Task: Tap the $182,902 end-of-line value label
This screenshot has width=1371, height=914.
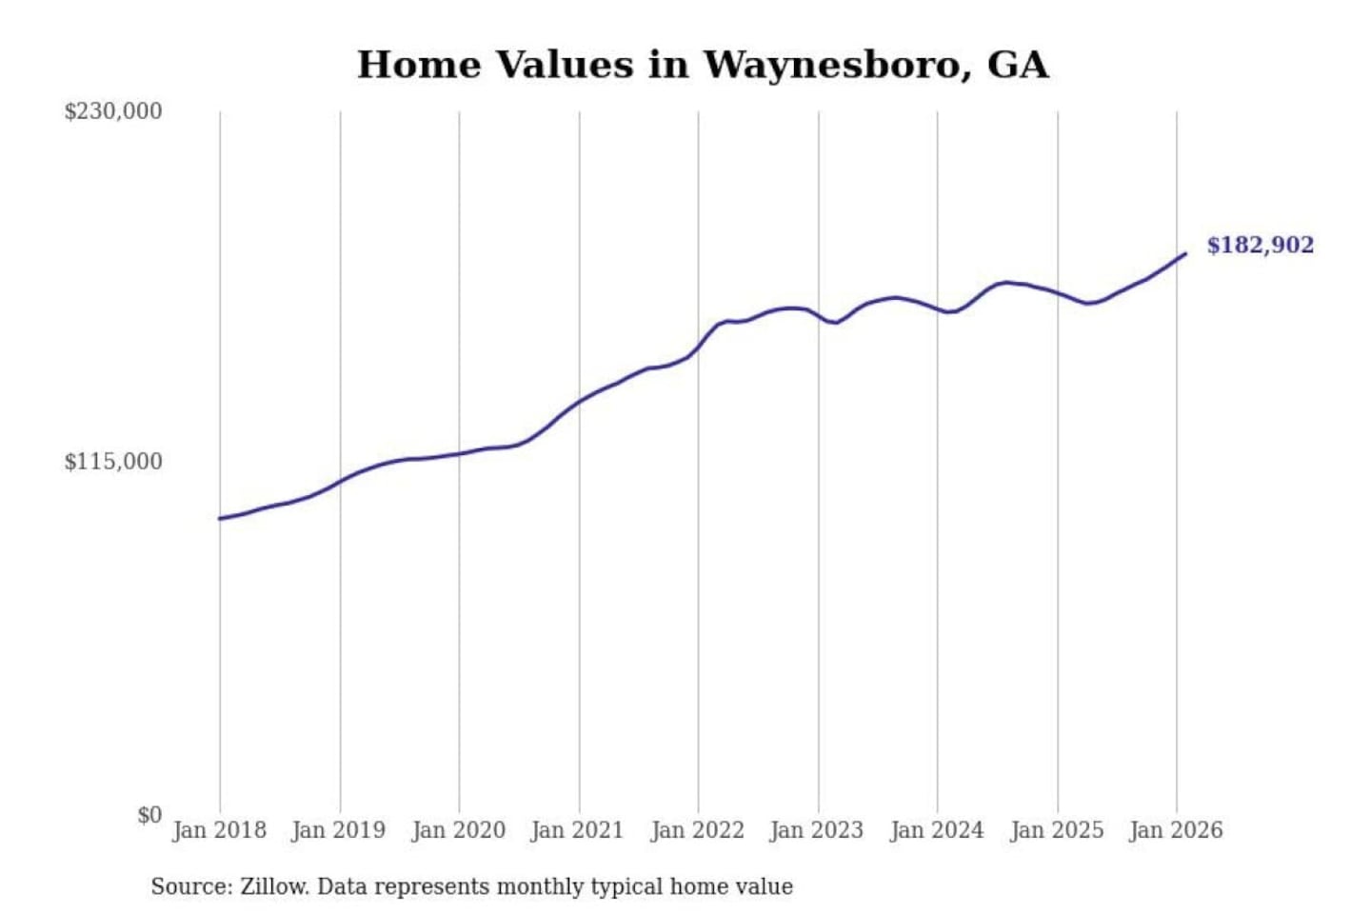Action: [1260, 246]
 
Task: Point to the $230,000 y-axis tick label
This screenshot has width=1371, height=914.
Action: [113, 111]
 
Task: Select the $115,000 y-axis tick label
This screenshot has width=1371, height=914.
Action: [113, 462]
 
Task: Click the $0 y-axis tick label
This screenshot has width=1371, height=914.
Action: [149, 815]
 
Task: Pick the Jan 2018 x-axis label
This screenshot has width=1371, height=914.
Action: [219, 830]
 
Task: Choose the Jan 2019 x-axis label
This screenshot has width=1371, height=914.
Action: [338, 830]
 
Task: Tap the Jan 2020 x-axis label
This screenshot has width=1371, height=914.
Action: [458, 830]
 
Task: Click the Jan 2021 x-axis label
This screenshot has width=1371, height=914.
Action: [577, 830]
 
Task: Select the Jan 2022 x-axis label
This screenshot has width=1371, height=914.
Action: [697, 830]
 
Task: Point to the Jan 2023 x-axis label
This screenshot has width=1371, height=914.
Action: [816, 830]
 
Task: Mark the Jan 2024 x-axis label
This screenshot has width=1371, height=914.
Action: [936, 830]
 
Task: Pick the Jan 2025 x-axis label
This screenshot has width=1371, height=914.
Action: [1056, 830]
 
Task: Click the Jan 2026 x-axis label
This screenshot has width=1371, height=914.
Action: [1175, 830]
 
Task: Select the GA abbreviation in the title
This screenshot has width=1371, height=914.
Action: [1018, 65]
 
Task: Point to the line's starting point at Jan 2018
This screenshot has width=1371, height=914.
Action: [220, 519]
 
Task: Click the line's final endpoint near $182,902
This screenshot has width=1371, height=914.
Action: [1185, 253]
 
